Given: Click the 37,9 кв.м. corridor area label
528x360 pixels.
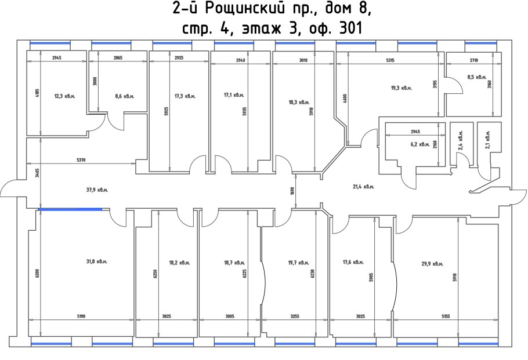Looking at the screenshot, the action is (97, 190).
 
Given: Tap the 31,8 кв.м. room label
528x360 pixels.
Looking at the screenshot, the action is (97, 261).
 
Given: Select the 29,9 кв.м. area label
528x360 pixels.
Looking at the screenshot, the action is (432, 264).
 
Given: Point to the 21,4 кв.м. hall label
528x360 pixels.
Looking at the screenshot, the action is (363, 187).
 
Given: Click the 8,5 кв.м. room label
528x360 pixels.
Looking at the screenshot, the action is (477, 77).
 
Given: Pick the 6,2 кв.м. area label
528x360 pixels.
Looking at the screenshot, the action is (420, 144).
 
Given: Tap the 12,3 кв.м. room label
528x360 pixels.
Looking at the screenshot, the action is (64, 96).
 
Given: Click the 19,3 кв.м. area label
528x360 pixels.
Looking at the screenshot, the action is (402, 88).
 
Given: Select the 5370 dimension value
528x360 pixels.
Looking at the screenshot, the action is (81, 160).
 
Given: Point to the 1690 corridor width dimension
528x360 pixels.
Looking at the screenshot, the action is (292, 191).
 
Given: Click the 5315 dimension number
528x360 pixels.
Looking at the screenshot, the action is (390, 60).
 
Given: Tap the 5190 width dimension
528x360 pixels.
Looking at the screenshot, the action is (81, 317).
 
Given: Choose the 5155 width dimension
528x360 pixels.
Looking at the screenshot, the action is (446, 317).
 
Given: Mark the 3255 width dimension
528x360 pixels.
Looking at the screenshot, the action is (295, 317).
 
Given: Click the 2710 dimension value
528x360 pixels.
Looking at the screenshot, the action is (474, 60).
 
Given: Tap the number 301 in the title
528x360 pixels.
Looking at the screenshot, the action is (351, 28).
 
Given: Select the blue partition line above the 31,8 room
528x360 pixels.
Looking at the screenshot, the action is (70, 209).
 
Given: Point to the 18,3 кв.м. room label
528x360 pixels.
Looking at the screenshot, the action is (299, 102).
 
